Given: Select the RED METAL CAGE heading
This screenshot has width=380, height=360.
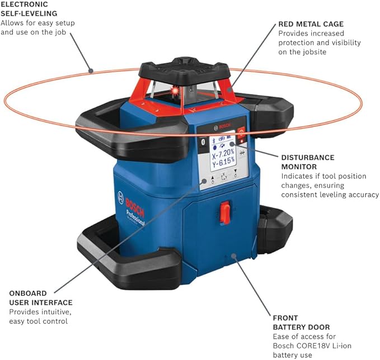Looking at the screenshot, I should tap(311, 24).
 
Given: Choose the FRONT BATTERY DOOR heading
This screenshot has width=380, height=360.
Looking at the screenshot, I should tap(301, 322).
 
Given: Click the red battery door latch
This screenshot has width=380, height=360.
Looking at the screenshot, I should tap(225, 212).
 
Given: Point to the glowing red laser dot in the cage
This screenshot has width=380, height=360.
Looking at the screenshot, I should tap(175, 90).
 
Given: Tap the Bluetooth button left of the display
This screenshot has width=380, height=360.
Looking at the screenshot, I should tap(203, 144).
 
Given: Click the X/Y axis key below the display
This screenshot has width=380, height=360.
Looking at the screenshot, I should tap(224, 177).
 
